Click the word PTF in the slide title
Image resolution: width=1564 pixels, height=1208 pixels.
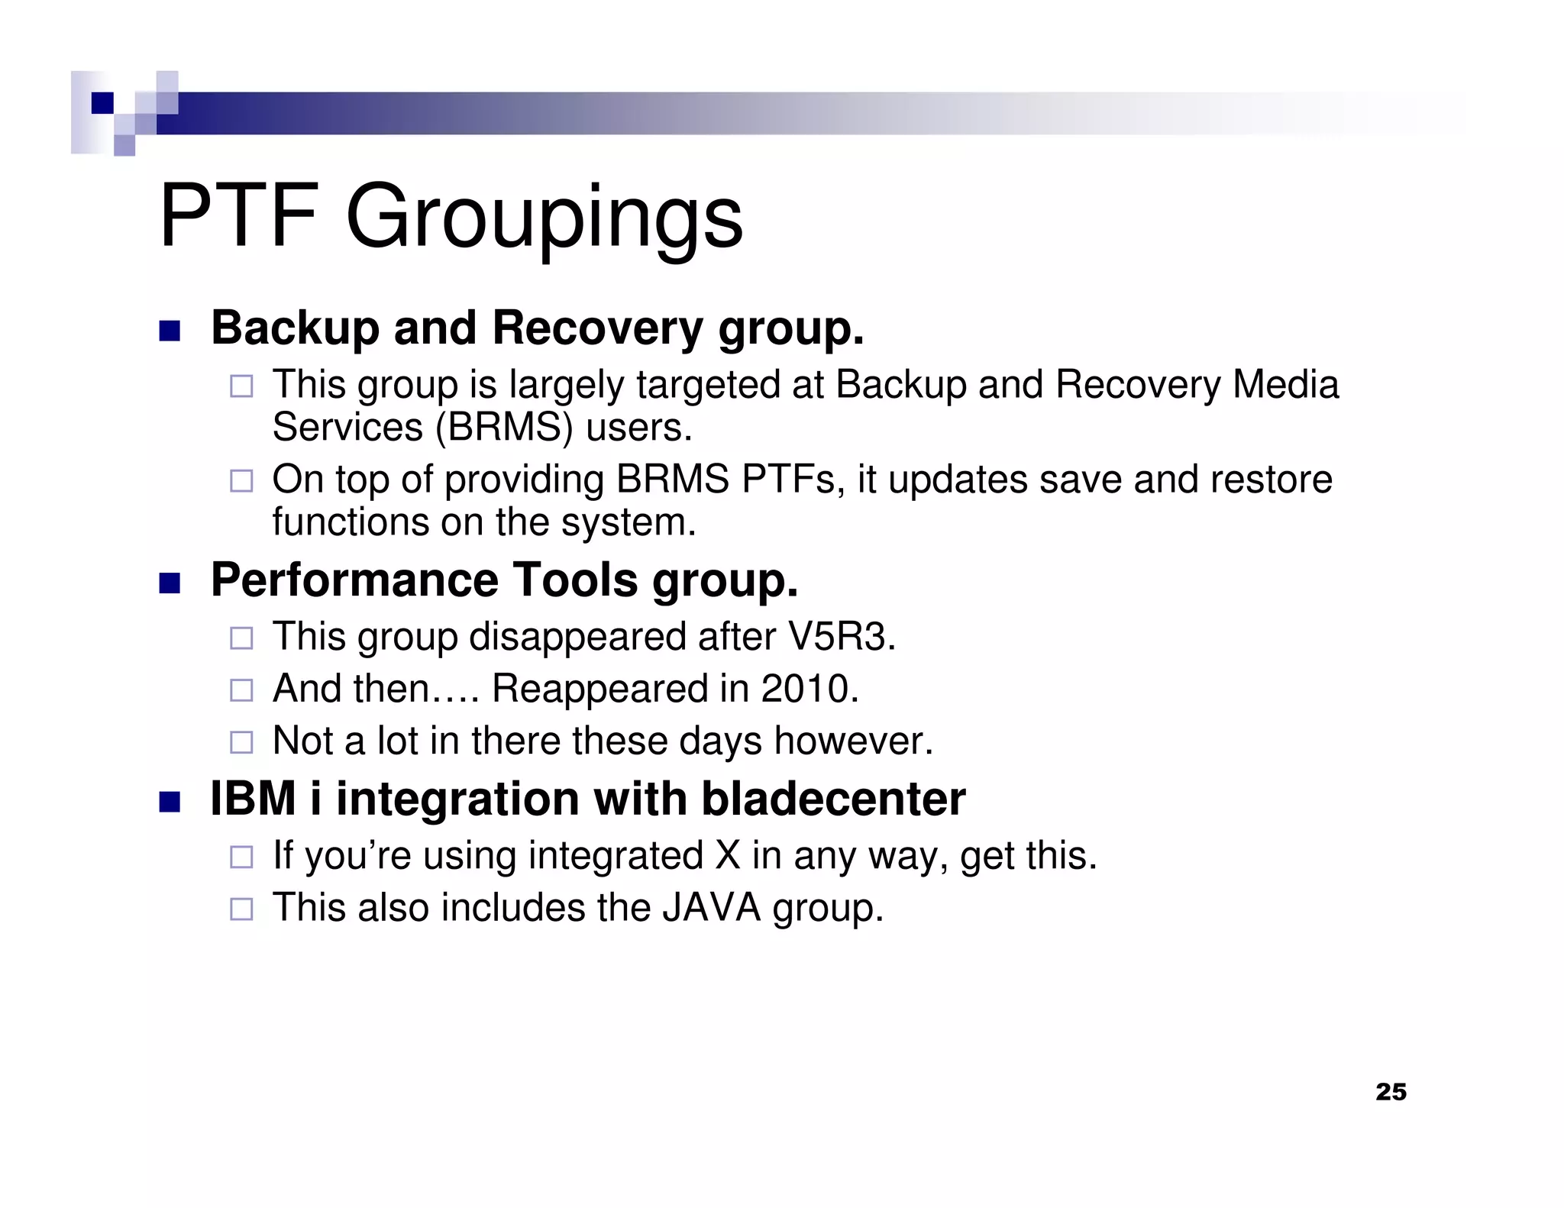[x=238, y=216]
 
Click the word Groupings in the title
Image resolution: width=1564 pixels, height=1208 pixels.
[x=544, y=220]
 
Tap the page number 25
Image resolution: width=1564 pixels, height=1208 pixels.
[x=1391, y=1092]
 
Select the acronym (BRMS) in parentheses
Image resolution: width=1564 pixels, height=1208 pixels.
[x=503, y=427]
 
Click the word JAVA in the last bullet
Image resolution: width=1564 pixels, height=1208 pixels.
[x=711, y=908]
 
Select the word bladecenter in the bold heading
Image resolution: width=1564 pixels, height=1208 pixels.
[x=833, y=799]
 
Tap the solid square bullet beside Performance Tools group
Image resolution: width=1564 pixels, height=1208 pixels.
[x=170, y=584]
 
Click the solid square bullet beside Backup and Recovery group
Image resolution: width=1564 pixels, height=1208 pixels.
[x=170, y=331]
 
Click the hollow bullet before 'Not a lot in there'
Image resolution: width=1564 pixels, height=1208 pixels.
[x=241, y=742]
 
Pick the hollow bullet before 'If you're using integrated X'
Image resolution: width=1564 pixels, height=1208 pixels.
[x=241, y=857]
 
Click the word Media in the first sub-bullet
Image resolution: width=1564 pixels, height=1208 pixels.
[x=1285, y=385]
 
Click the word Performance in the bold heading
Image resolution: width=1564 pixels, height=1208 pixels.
[x=354, y=580]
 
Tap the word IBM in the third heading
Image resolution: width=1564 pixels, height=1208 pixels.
[x=253, y=799]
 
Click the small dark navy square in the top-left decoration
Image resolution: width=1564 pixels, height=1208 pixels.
[x=102, y=103]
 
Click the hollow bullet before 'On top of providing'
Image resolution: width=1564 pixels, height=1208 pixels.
[x=241, y=481]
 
